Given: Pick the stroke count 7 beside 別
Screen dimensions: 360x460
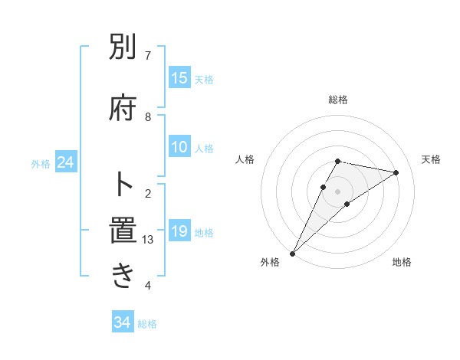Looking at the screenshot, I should [x=148, y=55].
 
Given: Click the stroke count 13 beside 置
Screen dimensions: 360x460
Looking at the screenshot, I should [x=148, y=240].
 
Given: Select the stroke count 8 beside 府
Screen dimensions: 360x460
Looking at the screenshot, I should [x=148, y=117].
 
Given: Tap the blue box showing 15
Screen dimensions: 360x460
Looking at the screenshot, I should [x=179, y=78].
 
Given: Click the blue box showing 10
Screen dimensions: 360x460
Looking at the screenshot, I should [x=179, y=148].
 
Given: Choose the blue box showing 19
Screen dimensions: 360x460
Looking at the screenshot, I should [x=179, y=231].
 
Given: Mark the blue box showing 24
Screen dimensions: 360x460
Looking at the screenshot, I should [x=65, y=162].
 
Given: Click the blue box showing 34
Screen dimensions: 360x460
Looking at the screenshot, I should [x=122, y=322].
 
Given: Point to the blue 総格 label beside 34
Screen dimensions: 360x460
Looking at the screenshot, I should [x=147, y=324].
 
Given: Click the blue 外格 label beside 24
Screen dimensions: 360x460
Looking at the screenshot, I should [x=41, y=164].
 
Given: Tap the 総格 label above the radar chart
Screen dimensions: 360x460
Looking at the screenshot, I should [x=338, y=100].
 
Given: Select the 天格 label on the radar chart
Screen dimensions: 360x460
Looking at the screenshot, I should [x=432, y=159].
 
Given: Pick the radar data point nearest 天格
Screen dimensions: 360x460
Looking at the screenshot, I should [x=396, y=172].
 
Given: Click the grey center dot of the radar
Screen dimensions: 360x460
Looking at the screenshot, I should [x=338, y=191].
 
